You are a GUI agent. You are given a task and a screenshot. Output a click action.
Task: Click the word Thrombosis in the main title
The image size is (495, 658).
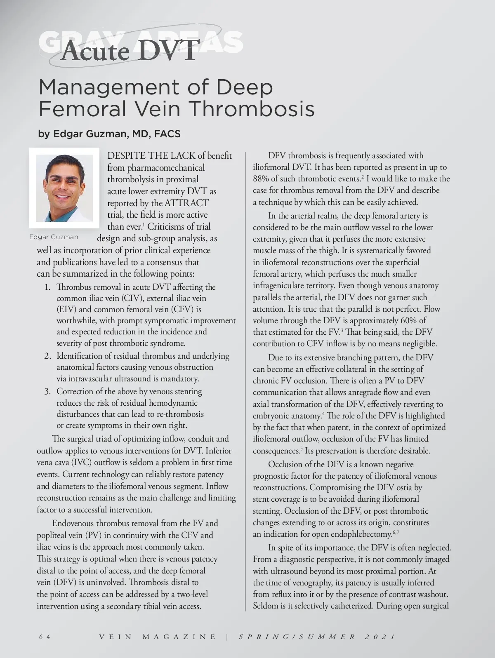[x=252, y=109]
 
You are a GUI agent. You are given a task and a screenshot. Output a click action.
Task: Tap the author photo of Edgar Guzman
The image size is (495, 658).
[x=64, y=188]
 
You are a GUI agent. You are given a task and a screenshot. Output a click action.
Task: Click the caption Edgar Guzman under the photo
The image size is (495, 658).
[x=54, y=237]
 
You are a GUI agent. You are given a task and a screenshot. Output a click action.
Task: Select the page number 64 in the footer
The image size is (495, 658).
[x=45, y=637]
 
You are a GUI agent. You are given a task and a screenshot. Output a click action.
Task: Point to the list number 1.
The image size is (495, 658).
[x=48, y=287]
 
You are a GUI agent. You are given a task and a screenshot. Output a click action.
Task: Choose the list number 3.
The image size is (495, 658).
[x=48, y=391]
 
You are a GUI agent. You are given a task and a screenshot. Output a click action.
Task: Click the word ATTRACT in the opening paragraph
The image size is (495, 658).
[x=186, y=203]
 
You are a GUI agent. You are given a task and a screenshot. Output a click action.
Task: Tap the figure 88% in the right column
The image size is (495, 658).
[x=261, y=179]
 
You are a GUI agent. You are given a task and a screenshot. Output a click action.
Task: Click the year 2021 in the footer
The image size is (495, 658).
[x=380, y=637]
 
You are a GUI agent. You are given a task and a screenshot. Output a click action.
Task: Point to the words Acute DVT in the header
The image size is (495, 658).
[x=129, y=51]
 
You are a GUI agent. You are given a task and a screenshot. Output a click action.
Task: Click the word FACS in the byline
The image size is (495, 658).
[x=167, y=134]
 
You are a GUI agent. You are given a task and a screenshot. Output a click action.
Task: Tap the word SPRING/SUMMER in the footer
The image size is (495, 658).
[x=297, y=637]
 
